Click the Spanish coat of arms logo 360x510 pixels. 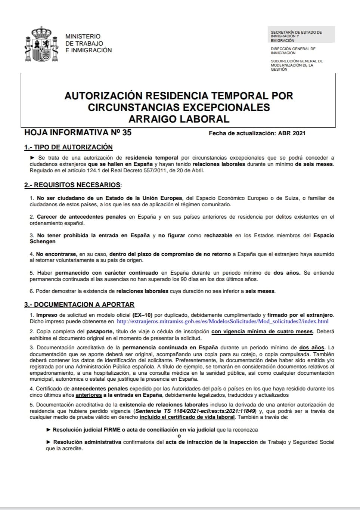pyautogui.click(x=41, y=44)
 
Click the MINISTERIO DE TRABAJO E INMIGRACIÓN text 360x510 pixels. pyautogui.click(x=88, y=43)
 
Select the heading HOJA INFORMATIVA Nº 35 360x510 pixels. pyautogui.click(x=78, y=132)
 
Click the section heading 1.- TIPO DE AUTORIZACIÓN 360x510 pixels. pyautogui.click(x=68, y=147)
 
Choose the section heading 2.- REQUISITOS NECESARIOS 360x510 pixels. pyautogui.click(x=73, y=185)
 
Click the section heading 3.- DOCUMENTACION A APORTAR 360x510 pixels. pyautogui.click(x=79, y=305)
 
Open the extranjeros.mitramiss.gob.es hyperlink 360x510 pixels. pyautogui.click(x=223, y=321)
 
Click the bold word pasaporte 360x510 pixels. pyautogui.click(x=100, y=331)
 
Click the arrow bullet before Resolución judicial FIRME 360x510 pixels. pyautogui.click(x=49, y=430)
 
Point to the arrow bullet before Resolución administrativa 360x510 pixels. pyautogui.click(x=49, y=442)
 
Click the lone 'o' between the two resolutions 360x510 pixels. pyautogui.click(x=179, y=436)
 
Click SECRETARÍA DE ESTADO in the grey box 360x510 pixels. pyautogui.click(x=296, y=33)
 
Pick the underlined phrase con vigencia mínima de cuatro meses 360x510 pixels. pyautogui.click(x=262, y=331)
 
